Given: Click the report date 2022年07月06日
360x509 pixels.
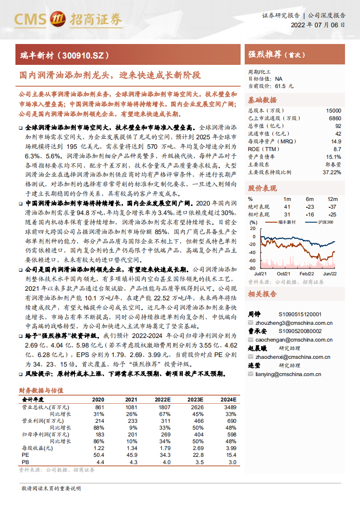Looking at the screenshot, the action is click(317, 25).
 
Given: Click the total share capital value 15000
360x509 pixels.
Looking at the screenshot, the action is click(333, 111).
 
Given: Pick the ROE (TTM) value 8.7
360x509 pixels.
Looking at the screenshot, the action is click(337, 149).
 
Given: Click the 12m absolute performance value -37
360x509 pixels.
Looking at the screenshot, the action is click(332, 206).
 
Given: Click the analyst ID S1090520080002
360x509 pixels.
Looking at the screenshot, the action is click(300, 331).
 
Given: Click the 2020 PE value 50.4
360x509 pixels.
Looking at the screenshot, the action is click(99, 455).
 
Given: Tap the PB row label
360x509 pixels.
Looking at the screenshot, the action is click(25, 462).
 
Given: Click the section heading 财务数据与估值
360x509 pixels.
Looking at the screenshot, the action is click(41, 390).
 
